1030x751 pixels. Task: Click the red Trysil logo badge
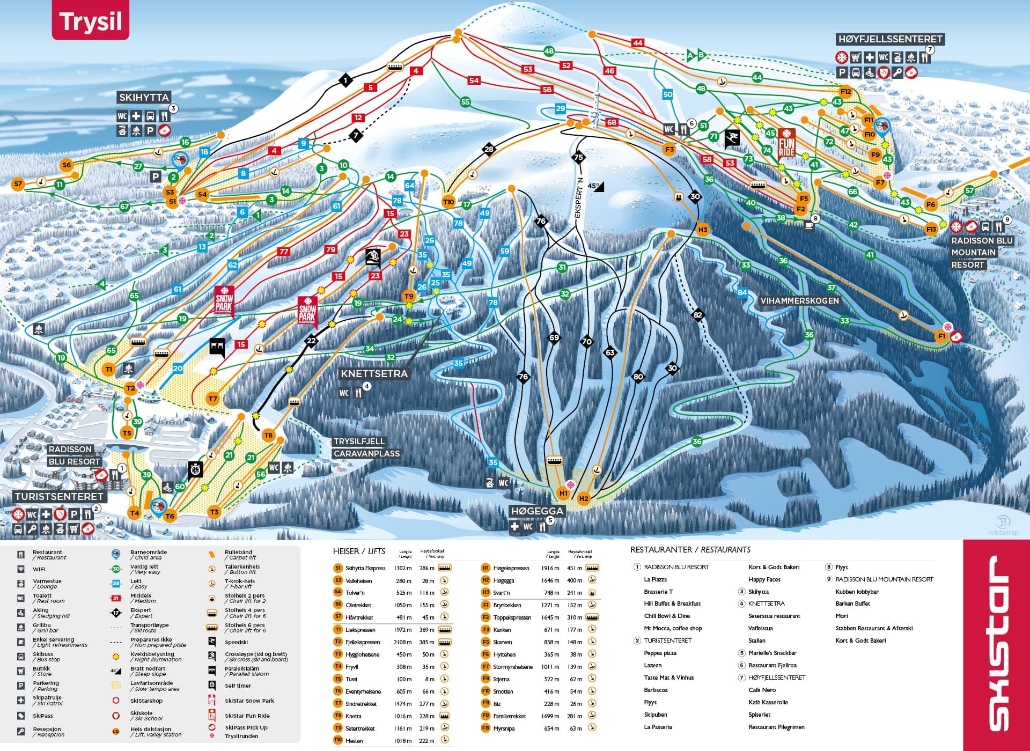(x=90, y=21)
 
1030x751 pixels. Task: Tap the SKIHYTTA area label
(x=144, y=97)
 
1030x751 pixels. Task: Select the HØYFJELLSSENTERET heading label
(x=890, y=39)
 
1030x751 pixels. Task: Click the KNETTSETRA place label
(x=374, y=373)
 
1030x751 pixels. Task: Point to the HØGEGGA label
(x=536, y=511)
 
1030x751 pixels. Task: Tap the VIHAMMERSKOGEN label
(x=799, y=301)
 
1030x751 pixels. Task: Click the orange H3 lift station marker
(x=703, y=230)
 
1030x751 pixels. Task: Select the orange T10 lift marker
(x=448, y=202)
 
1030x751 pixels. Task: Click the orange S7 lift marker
(x=18, y=184)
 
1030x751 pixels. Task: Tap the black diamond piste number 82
(x=697, y=315)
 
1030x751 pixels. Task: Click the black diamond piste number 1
(x=346, y=81)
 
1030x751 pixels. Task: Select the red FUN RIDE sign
(x=786, y=143)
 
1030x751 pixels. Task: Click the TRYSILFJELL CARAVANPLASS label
(x=366, y=447)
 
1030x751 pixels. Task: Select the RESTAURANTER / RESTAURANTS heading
(x=690, y=550)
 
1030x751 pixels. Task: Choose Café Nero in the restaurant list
(x=762, y=690)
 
